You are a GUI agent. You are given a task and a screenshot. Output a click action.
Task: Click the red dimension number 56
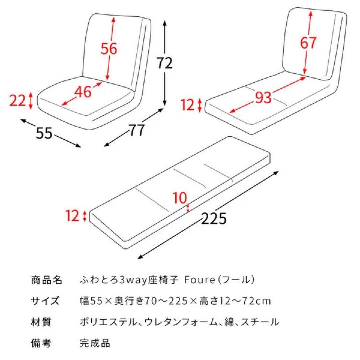click(109, 49)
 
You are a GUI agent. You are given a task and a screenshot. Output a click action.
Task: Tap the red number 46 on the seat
click(83, 92)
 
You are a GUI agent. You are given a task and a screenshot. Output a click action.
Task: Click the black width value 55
click(44, 133)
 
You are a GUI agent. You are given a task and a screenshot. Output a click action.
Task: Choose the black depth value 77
click(137, 130)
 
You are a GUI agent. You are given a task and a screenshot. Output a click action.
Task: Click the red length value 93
click(263, 97)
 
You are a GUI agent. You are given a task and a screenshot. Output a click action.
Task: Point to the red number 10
click(180, 199)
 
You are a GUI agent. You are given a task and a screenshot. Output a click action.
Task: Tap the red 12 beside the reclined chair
click(188, 105)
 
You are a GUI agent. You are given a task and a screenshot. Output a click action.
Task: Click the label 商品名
click(46, 280)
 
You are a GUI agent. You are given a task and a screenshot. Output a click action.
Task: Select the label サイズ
click(45, 301)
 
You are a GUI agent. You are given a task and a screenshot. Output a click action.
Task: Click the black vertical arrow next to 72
click(164, 63)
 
